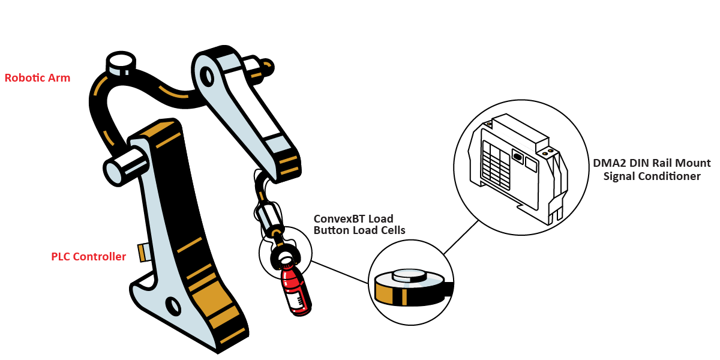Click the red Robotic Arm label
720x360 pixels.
pyautogui.click(x=37, y=78)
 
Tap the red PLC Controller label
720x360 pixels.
pyautogui.click(x=89, y=257)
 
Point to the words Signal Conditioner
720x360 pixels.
pyautogui.click(x=652, y=176)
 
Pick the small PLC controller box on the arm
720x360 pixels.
pyautogui.click(x=143, y=252)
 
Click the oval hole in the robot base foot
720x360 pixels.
pyautogui.click(x=173, y=305)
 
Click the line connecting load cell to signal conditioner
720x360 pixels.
pyautogui.click(x=461, y=235)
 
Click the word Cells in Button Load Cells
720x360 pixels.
pyautogui.click(x=391, y=230)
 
